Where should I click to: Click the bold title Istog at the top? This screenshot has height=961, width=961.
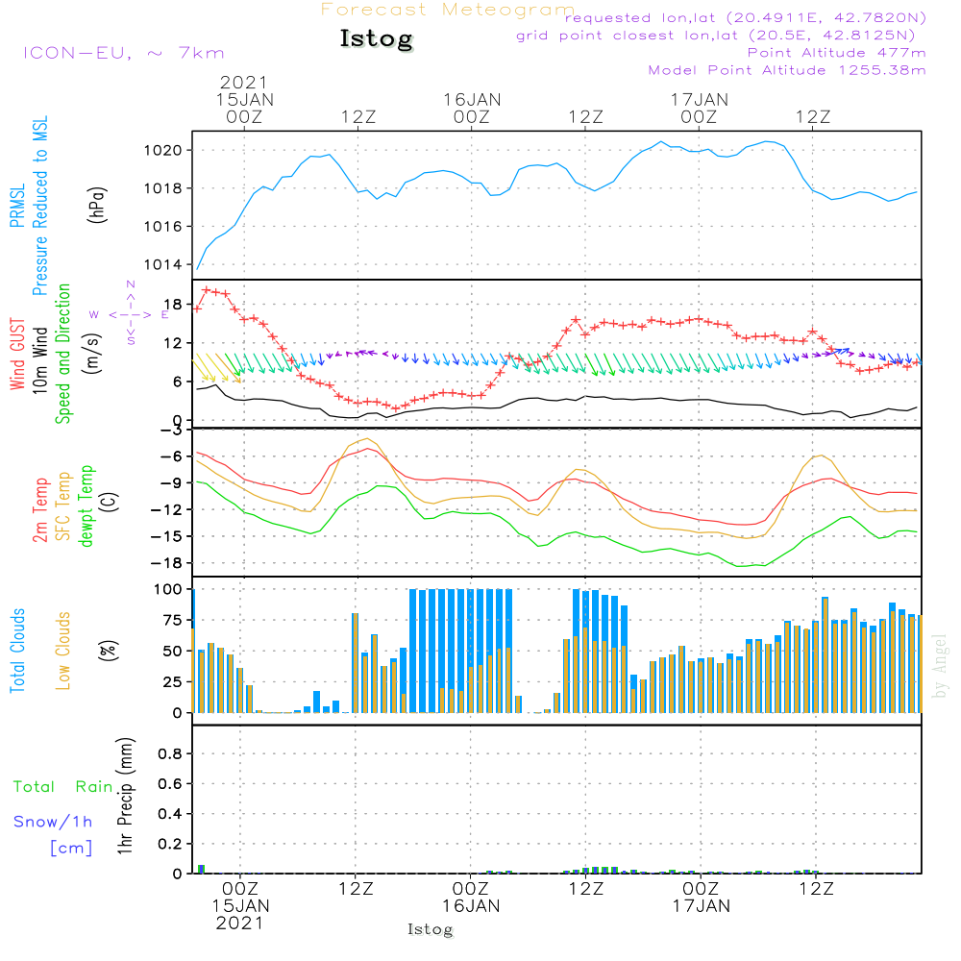[376, 39]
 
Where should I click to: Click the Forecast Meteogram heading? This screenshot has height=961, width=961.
[448, 10]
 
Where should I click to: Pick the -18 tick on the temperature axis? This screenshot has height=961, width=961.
[172, 562]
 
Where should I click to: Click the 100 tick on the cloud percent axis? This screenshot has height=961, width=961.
[168, 589]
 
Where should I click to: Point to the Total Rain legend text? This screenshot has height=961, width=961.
[62, 787]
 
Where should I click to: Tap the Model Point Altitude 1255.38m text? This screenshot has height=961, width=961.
[787, 70]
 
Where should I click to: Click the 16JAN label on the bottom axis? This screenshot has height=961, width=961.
[471, 906]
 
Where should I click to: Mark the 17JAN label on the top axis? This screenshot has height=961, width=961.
[699, 100]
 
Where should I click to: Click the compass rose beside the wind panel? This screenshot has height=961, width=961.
[131, 313]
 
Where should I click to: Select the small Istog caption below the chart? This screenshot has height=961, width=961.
[430, 930]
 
